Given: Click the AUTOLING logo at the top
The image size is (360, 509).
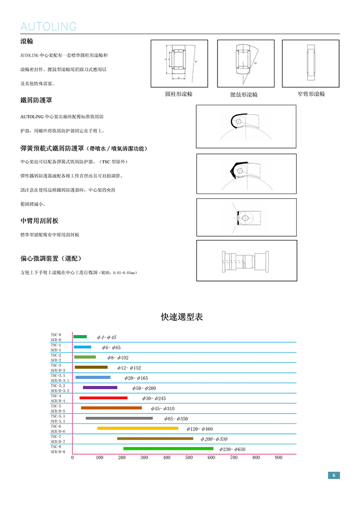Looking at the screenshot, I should tap(48, 27).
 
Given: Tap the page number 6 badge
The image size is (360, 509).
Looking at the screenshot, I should tap(333, 475).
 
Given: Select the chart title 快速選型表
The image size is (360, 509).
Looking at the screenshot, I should tap(182, 317).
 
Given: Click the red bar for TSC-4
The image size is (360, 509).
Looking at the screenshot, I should tap(103, 398).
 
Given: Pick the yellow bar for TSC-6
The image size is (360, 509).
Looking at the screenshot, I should tap(137, 428).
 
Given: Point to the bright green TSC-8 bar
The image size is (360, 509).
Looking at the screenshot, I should tap(168, 449).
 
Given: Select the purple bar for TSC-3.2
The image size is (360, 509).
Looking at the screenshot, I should tap(100, 387).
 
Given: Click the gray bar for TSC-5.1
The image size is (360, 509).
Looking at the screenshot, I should tap(119, 418).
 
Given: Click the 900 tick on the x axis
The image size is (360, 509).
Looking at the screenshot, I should tap(278, 457).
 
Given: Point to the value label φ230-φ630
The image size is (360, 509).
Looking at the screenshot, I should tap(232, 449).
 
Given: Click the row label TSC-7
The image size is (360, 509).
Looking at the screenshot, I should tap(56, 437).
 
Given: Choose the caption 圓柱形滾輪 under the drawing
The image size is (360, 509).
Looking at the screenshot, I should tap(178, 94).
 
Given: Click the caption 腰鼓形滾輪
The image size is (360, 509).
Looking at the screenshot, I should tap(244, 94).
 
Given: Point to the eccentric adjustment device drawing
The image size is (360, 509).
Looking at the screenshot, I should tap(246, 260).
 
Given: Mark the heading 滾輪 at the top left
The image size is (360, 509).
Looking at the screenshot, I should tap(27, 41).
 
